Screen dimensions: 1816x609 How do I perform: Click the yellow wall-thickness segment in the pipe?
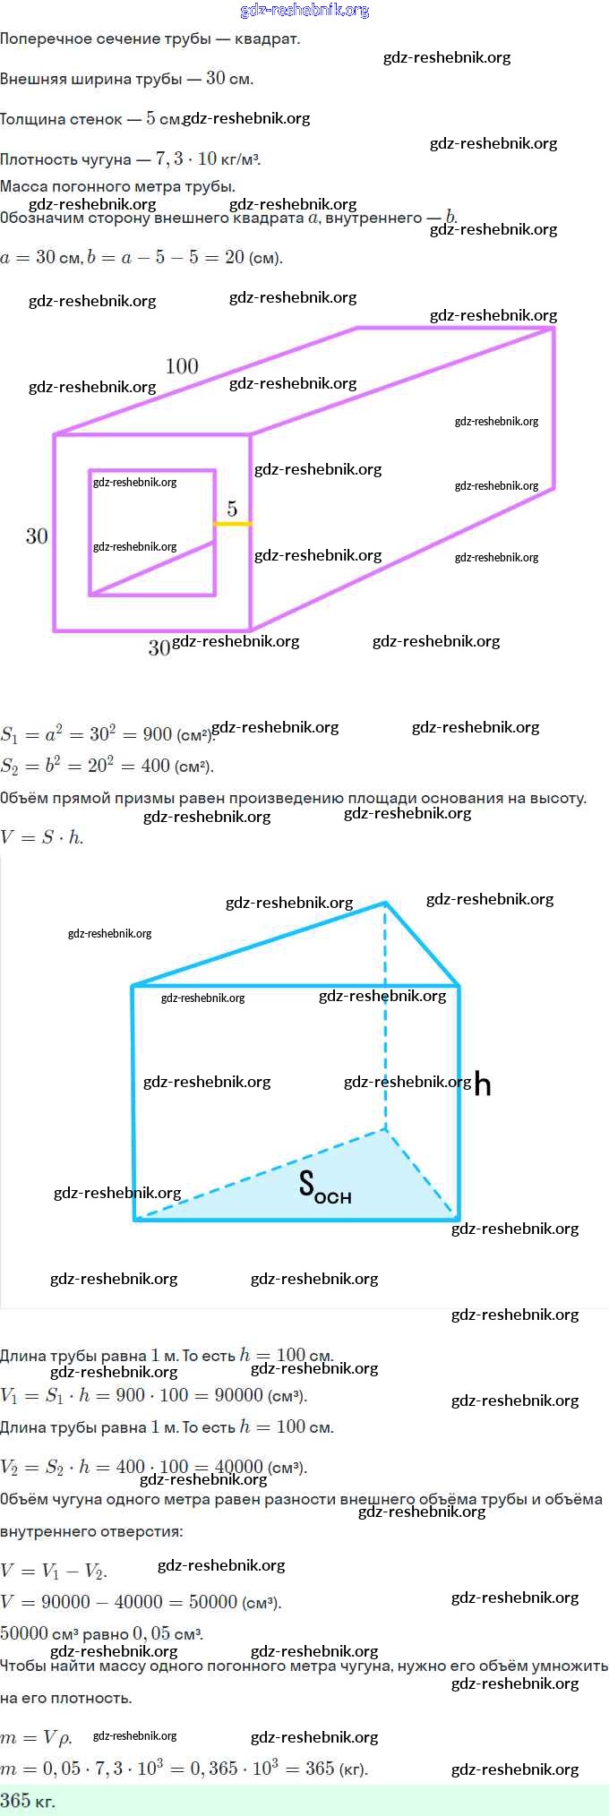click(233, 523)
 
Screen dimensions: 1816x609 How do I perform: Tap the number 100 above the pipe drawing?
click(182, 366)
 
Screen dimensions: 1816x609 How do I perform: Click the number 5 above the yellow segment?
click(232, 509)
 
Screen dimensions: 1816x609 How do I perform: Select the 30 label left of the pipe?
click(37, 536)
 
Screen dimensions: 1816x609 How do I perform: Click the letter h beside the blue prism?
click(483, 1084)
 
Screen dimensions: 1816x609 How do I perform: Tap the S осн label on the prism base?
click(324, 1186)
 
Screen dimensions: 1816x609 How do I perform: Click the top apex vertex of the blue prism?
click(385, 903)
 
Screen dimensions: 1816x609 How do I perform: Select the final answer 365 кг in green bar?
click(28, 1801)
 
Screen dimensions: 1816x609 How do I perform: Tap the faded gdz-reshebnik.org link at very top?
click(304, 11)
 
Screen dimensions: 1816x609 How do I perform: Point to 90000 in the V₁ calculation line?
click(239, 1395)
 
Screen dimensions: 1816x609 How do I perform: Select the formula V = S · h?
click(42, 838)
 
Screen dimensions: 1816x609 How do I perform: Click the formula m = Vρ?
click(36, 1738)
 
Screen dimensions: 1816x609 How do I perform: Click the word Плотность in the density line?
click(38, 159)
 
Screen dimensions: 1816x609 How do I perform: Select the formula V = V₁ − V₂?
click(54, 1571)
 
